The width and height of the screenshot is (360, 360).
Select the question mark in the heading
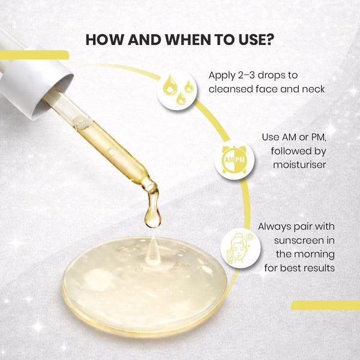269,40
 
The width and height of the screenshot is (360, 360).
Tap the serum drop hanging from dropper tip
152,217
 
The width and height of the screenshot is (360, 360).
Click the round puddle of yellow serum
144,282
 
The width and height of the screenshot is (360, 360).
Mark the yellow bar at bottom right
325,305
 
